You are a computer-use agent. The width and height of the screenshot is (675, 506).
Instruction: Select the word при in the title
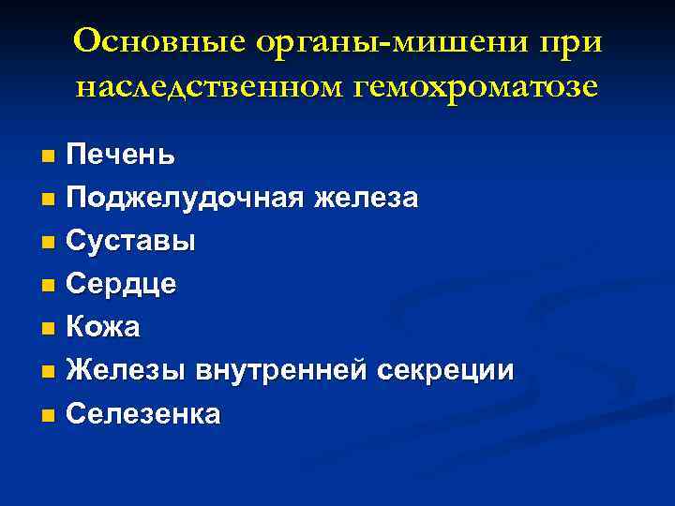pyautogui.click(x=571, y=43)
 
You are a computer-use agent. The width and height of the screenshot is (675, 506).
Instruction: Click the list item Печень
pyautogui.click(x=120, y=155)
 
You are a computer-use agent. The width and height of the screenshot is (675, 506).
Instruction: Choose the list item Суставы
pyautogui.click(x=131, y=242)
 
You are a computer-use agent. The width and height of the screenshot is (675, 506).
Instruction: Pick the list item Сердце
pyautogui.click(x=122, y=285)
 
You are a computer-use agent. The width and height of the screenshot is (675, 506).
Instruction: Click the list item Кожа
pyautogui.click(x=104, y=328)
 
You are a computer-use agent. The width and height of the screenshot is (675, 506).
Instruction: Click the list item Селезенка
pyautogui.click(x=143, y=414)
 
